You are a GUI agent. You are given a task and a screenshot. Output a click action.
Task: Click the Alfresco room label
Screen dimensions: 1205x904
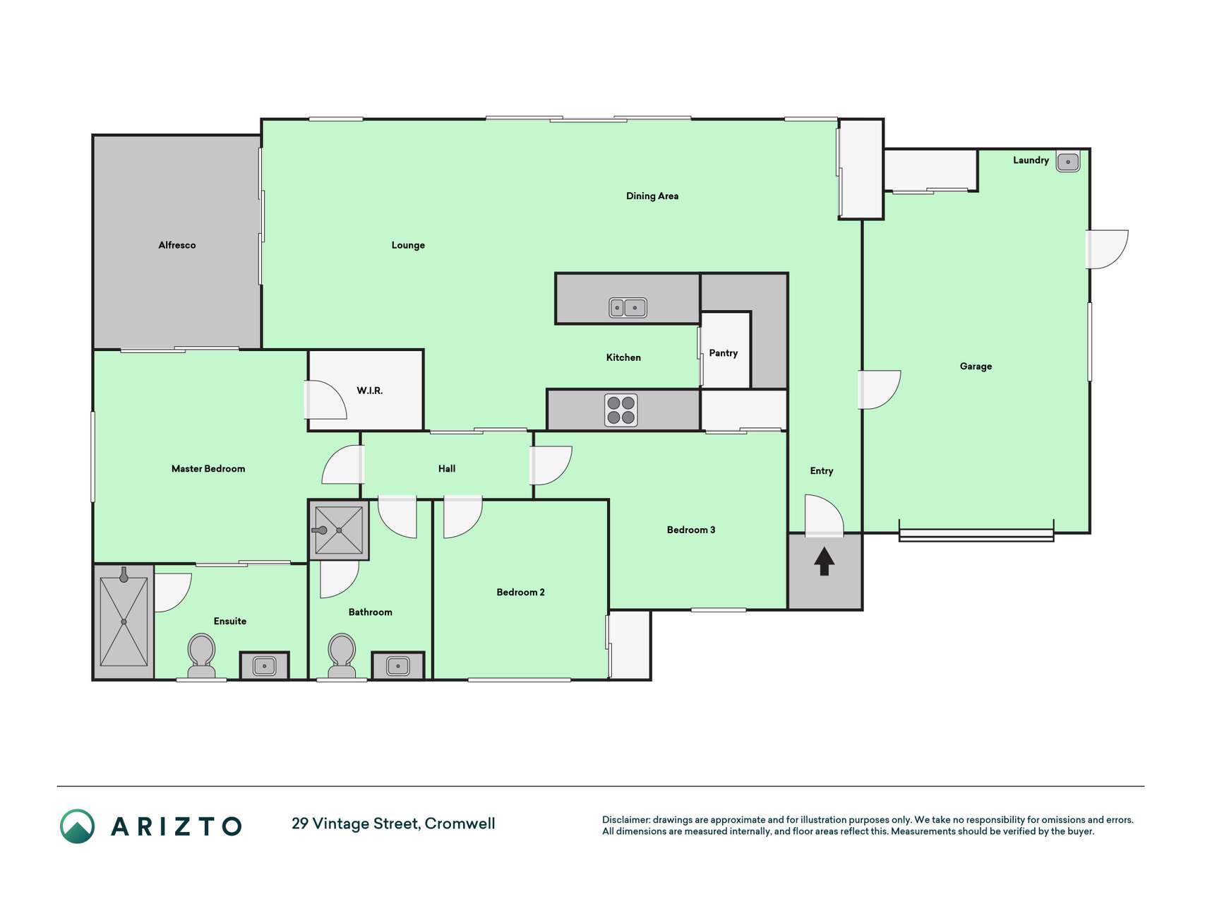pyautogui.click(x=176, y=245)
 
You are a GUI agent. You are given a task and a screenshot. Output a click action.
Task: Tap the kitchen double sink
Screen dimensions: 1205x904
pyautogui.click(x=628, y=307)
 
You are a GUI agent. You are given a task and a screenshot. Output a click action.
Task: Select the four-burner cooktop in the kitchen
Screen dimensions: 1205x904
pyautogui.click(x=621, y=410)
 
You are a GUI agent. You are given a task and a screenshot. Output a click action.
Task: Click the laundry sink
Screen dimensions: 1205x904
pyautogui.click(x=1068, y=162)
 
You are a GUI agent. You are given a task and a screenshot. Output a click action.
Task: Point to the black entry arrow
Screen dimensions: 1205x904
pyautogui.click(x=825, y=561)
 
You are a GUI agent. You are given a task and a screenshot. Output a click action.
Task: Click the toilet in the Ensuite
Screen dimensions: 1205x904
pyautogui.click(x=201, y=656)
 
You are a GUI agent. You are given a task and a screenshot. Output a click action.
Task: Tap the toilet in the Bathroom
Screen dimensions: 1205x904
pyautogui.click(x=342, y=656)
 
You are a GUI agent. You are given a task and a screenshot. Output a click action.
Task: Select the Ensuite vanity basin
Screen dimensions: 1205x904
pyautogui.click(x=265, y=666)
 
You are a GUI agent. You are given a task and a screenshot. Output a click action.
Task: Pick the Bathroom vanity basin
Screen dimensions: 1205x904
pyautogui.click(x=398, y=666)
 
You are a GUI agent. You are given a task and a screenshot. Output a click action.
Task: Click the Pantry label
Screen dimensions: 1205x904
pyautogui.click(x=724, y=353)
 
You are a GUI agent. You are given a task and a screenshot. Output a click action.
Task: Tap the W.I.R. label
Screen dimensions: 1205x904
pyautogui.click(x=370, y=391)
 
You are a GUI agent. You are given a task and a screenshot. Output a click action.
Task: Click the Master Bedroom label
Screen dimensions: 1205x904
pyautogui.click(x=208, y=468)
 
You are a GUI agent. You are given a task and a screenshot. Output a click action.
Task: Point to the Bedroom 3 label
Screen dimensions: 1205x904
pyautogui.click(x=691, y=530)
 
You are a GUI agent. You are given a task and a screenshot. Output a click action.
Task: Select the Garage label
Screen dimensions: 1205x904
pyautogui.click(x=976, y=366)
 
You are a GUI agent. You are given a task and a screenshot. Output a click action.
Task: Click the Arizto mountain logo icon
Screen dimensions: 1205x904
pyautogui.click(x=77, y=826)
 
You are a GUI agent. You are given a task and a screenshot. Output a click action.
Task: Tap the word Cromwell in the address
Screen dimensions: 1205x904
pyautogui.click(x=460, y=823)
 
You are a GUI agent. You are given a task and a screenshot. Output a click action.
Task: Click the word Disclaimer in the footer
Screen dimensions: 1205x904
pyautogui.click(x=626, y=820)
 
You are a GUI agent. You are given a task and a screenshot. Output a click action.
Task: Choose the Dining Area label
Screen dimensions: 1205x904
pyautogui.click(x=652, y=196)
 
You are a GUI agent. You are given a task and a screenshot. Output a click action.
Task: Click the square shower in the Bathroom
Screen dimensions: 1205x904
pyautogui.click(x=339, y=530)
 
